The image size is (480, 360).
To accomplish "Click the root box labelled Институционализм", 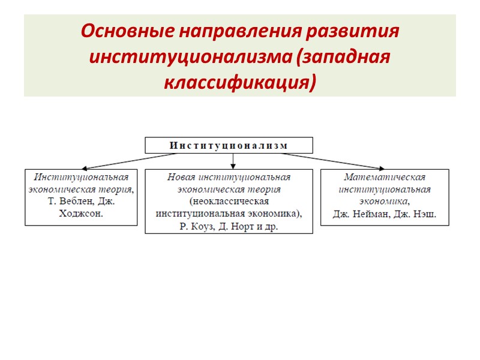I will tap(229, 145).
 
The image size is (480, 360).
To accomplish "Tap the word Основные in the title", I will tap(115, 30).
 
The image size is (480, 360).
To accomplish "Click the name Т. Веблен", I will tap(67, 201).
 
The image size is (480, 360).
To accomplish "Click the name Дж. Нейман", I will tap(359, 214).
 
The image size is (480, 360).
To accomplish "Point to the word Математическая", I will tap(385, 177).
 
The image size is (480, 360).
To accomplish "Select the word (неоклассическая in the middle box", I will tap(228, 201).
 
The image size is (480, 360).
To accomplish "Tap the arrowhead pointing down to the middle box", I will tap(233, 166).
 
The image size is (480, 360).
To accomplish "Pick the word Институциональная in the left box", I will tap(81, 177).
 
